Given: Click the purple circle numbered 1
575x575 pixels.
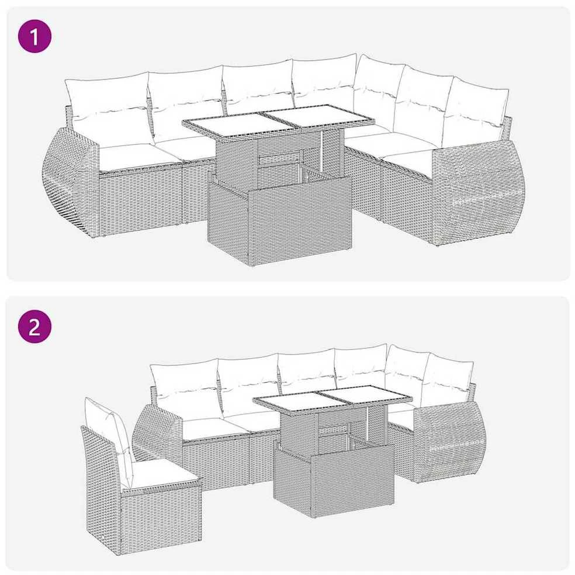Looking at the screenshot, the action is pos(34,36).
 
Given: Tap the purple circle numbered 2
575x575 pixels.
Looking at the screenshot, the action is pos(34,327).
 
